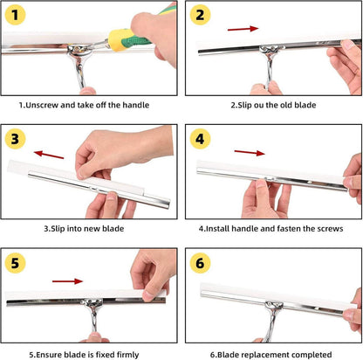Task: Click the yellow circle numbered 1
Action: [x=15, y=15]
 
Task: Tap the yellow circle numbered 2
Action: [x=200, y=15]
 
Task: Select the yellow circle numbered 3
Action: [x=15, y=139]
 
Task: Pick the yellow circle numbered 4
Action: [x=200, y=139]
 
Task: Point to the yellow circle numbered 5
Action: [x=15, y=263]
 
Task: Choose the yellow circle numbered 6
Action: [x=200, y=263]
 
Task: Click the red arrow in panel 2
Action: [x=243, y=29]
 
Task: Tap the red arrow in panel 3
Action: [x=49, y=155]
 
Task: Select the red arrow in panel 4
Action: [x=250, y=152]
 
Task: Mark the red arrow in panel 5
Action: [x=67, y=281]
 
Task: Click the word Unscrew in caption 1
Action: [x=42, y=105]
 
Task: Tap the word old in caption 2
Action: [x=286, y=105]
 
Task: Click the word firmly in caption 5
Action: [x=127, y=355]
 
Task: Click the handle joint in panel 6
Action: [x=274, y=307]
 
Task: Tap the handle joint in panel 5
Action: [x=92, y=303]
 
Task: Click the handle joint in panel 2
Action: [x=269, y=50]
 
